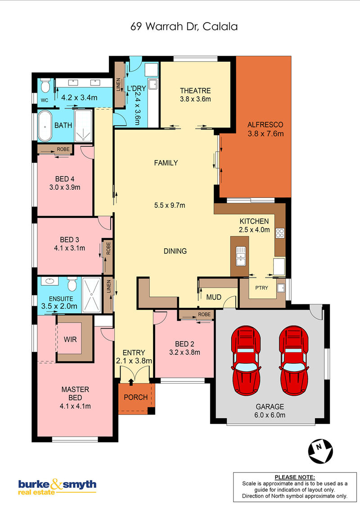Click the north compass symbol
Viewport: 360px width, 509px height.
point(320,451)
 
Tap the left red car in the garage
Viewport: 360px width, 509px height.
point(246,360)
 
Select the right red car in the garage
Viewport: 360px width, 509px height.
point(294,360)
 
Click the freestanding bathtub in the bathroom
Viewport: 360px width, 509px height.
point(45,125)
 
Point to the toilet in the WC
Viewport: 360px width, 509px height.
point(45,85)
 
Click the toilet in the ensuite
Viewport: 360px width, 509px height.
point(72,284)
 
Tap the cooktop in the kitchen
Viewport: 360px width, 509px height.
point(280,233)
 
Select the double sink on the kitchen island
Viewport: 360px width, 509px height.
point(241,256)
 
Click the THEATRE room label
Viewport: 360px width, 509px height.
point(195,90)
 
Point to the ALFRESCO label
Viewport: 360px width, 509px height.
point(265,125)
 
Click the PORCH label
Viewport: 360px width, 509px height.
point(136,397)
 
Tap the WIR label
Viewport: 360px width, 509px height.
point(70,339)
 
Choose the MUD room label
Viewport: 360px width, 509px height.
point(214,297)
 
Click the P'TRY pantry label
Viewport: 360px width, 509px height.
point(261,288)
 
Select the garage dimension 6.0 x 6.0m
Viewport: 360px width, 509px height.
point(270,415)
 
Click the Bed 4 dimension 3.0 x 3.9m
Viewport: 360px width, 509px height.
point(65,187)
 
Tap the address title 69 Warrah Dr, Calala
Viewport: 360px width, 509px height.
point(184,26)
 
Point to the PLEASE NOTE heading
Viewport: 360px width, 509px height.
point(295,477)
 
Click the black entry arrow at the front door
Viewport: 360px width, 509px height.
point(131,382)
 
